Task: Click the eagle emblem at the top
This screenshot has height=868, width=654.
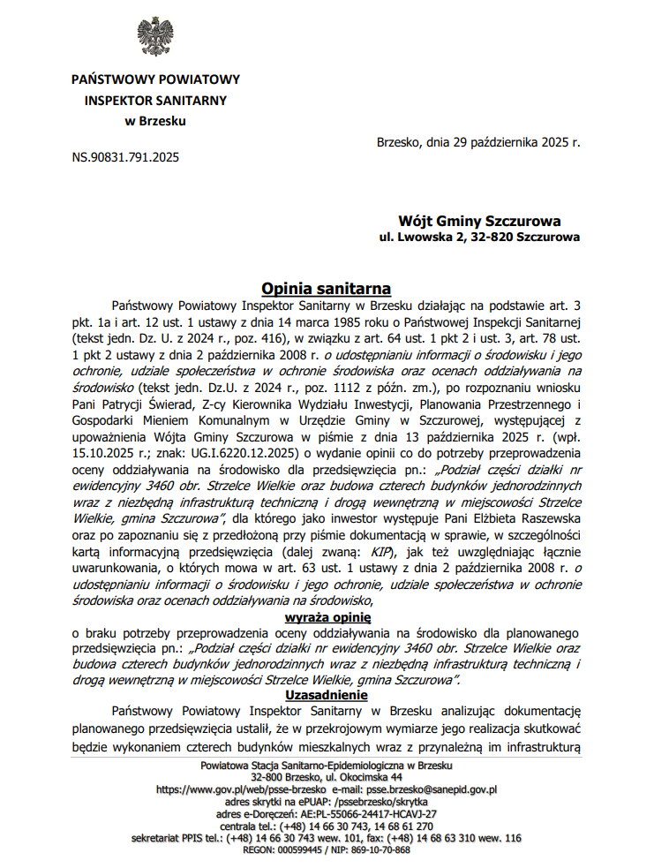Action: coord(154,35)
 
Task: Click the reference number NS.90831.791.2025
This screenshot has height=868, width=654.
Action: coord(125,158)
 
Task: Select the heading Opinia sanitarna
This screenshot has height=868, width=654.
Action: coord(326,289)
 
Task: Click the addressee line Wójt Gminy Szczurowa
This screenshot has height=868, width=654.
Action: coord(479,222)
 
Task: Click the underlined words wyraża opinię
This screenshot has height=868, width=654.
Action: coord(327,616)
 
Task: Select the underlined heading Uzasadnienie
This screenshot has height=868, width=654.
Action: coord(326,694)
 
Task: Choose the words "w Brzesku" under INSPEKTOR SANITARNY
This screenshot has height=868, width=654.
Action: coord(154,119)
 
